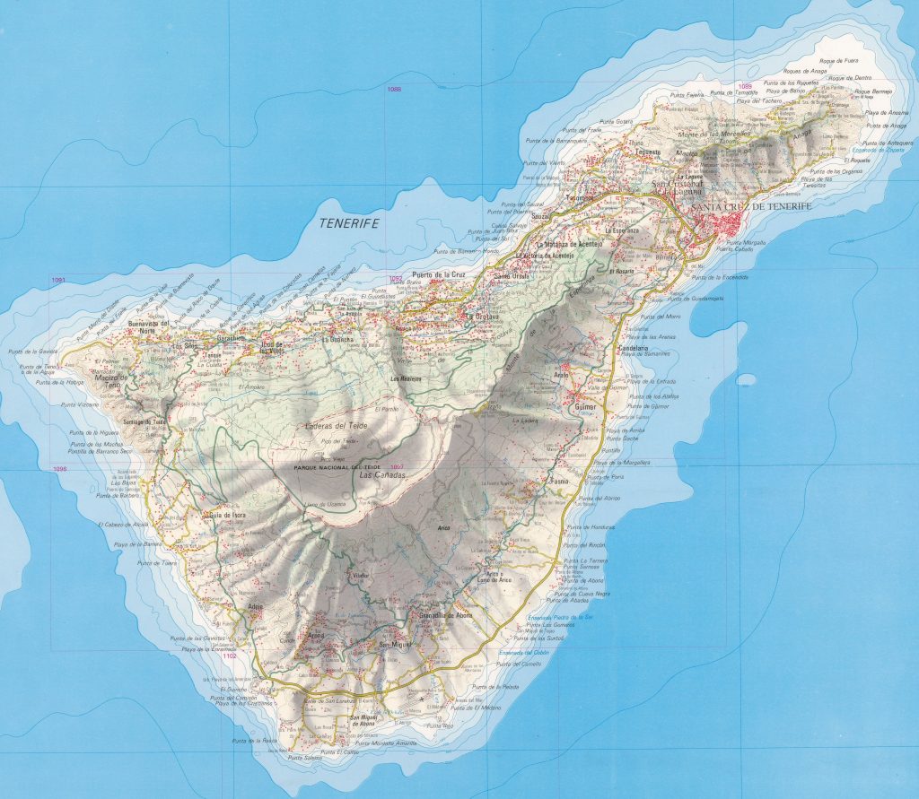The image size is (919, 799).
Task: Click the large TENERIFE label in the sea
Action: click(349, 223)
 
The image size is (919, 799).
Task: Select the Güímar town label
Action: click(580, 408)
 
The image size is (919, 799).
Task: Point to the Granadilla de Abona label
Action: click(445, 616)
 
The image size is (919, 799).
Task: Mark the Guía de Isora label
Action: click(228, 514)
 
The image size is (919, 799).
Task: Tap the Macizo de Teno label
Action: click(113, 382)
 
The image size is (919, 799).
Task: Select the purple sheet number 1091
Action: click(59, 281)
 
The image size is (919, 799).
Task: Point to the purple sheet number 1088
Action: click(394, 89)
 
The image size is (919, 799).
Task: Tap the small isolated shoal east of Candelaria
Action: click(746, 379)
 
